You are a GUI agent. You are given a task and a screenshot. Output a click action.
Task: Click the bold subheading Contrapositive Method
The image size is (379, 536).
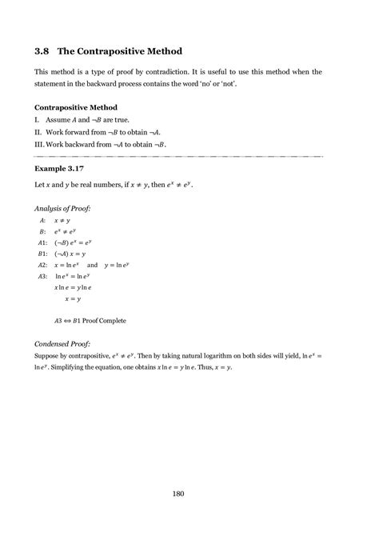click(76, 107)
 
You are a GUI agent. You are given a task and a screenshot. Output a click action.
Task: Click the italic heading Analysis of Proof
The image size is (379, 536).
click(62, 208)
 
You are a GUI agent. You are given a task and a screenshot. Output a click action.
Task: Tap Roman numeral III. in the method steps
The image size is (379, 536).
click(39, 144)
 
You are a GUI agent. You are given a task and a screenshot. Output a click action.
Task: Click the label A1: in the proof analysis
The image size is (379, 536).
click(42, 242)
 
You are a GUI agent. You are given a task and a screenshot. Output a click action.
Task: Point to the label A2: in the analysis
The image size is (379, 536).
click(42, 264)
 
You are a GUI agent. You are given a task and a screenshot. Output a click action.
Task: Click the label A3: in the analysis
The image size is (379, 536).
click(42, 275)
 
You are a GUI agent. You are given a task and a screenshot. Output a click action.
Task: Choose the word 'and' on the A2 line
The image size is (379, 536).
click(92, 264)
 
